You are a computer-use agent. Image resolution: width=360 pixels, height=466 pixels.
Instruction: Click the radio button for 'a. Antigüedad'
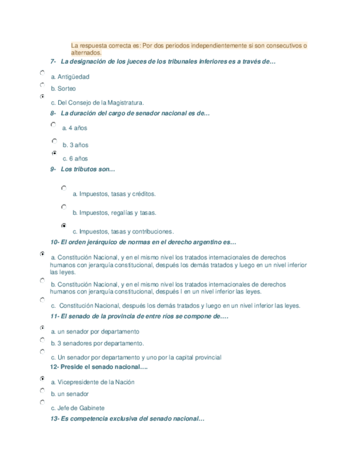(x=42, y=73)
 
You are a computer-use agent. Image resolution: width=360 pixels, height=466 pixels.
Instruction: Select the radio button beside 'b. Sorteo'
(x=42, y=85)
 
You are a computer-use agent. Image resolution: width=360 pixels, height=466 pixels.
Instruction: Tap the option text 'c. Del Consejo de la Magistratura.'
(x=97, y=102)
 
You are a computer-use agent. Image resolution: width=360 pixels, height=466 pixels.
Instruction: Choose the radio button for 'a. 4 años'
(x=53, y=125)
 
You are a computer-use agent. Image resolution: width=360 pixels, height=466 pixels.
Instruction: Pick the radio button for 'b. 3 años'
(x=54, y=141)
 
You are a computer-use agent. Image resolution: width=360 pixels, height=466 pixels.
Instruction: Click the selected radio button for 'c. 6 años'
(x=54, y=153)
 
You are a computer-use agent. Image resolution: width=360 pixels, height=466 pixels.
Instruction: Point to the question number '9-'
(x=53, y=169)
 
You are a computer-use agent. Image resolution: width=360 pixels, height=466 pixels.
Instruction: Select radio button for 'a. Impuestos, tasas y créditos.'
(x=64, y=188)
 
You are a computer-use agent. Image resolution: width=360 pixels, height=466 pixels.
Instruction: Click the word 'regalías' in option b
(x=121, y=213)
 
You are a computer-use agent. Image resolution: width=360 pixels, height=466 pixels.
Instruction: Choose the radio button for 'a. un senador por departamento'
(x=42, y=328)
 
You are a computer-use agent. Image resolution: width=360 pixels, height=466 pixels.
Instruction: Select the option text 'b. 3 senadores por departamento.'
(x=97, y=343)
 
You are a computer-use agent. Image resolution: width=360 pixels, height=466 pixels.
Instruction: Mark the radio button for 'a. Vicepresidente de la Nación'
(x=42, y=379)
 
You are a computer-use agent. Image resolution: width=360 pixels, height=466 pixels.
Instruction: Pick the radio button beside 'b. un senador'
(x=42, y=390)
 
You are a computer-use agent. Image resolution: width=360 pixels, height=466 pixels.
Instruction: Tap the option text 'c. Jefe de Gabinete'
(x=77, y=408)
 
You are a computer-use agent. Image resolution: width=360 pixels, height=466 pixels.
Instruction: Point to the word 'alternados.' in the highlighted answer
(x=87, y=53)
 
